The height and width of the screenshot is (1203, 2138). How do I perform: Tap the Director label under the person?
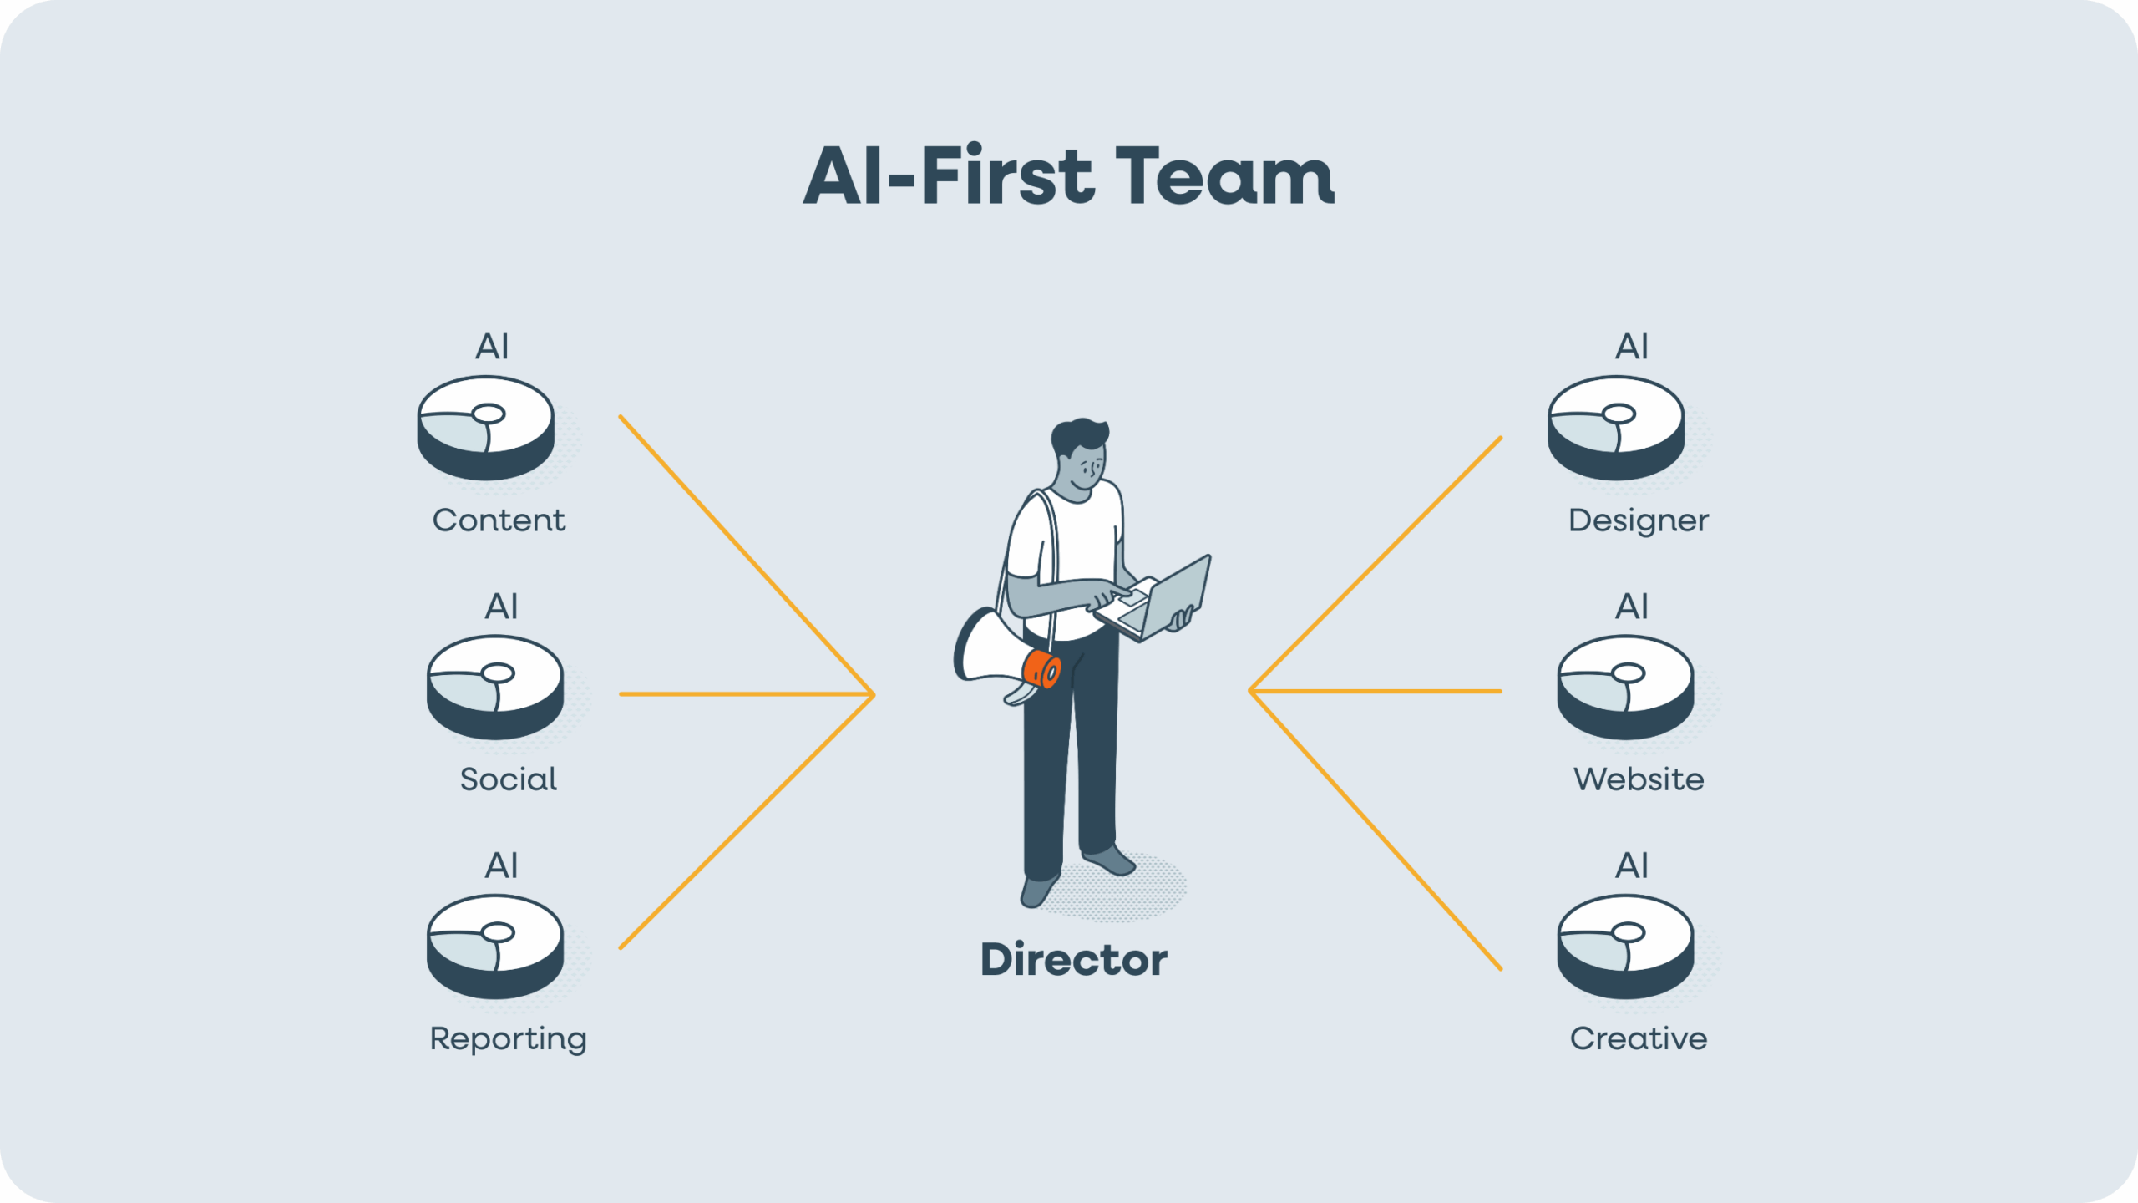1074,959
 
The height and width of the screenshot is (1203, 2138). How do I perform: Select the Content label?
499,520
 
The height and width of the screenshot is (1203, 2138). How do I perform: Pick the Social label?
508,779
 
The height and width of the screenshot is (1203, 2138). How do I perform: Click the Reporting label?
508,1039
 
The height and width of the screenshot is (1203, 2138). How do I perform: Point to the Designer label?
1639,520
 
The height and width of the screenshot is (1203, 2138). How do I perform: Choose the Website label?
1639,779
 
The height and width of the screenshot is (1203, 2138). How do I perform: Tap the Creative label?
1639,1038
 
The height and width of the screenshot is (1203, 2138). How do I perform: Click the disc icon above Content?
485,428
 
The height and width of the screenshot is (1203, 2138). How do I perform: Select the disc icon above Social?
495,687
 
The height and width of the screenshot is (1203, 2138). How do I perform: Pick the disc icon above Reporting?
495,947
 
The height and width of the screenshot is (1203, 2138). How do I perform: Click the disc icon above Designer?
1616,428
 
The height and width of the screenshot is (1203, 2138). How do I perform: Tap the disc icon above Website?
1625,687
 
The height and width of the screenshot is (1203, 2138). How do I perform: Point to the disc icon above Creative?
1625,947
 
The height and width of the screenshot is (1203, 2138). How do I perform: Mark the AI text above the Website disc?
1632,607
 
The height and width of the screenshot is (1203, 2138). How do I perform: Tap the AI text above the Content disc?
492,347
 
